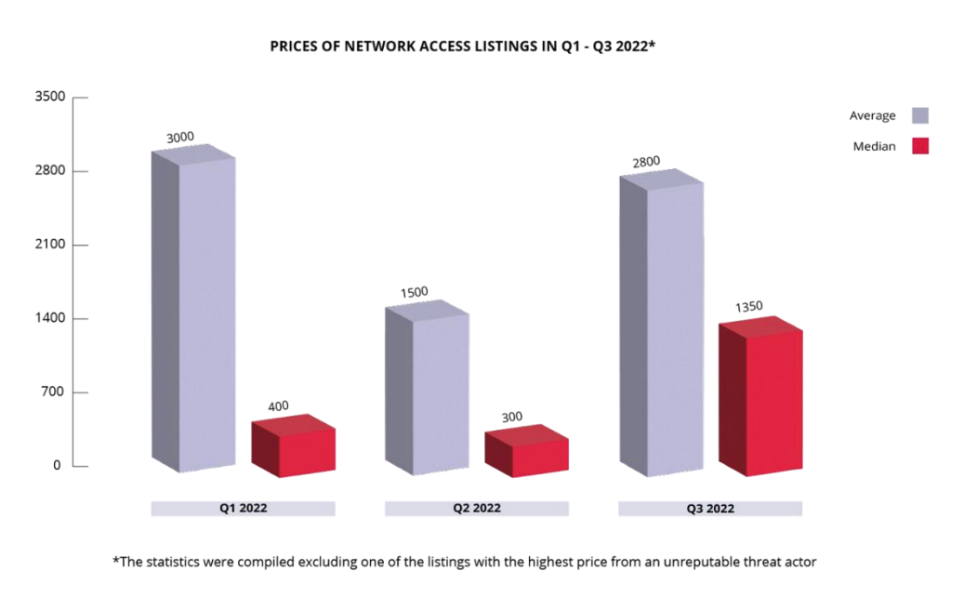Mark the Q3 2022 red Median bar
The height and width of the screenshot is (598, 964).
point(761,400)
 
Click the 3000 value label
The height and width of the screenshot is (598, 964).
point(180,138)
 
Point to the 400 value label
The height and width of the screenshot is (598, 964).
point(278,405)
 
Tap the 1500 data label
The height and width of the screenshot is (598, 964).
point(415,292)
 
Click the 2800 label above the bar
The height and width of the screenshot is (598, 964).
point(646,162)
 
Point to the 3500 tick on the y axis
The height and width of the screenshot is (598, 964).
point(51,97)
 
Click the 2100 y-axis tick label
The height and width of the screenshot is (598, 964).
point(51,245)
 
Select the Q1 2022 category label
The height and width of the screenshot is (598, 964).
point(243,509)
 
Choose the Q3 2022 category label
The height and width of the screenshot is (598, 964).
point(710,509)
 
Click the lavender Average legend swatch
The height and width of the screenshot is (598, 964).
point(920,115)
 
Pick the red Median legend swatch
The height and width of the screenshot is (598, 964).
point(920,146)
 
